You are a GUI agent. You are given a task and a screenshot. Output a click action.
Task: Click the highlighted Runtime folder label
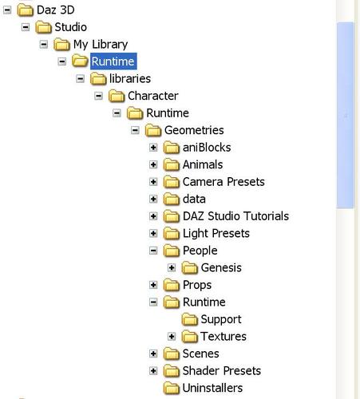point(113,61)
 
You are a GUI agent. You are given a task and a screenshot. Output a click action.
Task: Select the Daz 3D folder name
point(56,10)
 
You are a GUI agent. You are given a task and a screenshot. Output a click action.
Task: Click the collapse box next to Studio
point(26,27)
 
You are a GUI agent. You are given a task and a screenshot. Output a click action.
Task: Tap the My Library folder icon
point(61,44)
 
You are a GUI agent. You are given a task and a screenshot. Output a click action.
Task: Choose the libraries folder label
point(130,79)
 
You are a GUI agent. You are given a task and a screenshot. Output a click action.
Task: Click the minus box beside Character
point(98,96)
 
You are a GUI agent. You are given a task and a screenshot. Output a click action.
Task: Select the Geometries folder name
point(194,130)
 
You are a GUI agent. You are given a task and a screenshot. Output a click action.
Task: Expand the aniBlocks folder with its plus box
point(153,148)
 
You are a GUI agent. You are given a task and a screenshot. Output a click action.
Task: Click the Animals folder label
point(203,164)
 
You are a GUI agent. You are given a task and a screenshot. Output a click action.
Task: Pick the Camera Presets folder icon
point(172,182)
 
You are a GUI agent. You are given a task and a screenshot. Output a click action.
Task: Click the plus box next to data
point(153,199)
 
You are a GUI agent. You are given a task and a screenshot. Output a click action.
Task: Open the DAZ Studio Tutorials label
point(235,216)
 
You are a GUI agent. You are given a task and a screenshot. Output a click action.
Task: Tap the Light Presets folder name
point(216,234)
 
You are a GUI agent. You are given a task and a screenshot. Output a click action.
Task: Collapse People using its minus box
point(153,251)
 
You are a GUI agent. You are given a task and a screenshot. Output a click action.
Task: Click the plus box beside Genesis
point(172,268)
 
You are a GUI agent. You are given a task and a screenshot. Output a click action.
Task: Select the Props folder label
point(197,285)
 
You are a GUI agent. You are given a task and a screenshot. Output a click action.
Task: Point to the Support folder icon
point(190,319)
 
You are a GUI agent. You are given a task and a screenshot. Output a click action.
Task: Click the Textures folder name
point(224,337)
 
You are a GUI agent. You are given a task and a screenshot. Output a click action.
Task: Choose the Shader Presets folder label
point(222,371)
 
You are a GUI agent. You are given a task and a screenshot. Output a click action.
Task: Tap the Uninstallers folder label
point(212,388)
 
